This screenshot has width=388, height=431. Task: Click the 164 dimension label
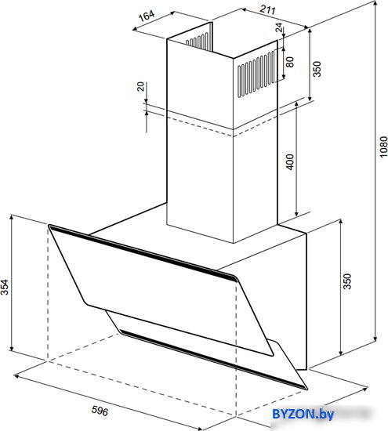pos(147,16)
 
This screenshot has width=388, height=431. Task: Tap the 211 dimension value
pos(267,9)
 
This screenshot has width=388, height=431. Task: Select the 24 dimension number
pos(279,27)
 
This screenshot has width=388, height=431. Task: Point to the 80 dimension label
pos(290,62)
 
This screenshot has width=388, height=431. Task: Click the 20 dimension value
pos(140,86)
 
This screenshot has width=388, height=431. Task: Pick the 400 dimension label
pos(290,162)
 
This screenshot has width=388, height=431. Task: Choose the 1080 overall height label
pos(383,147)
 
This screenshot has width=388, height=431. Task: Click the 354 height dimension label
pos(5,287)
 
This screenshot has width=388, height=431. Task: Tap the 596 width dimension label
pos(100,411)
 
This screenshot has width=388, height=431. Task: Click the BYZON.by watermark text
pos(303,414)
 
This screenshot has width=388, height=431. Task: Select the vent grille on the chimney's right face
pos(256,74)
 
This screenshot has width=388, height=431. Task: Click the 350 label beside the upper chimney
pos(317,69)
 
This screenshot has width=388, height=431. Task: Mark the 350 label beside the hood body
pos(347,281)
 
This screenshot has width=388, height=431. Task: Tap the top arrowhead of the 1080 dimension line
pos(375,3)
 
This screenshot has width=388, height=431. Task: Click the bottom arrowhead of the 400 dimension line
pos(296,214)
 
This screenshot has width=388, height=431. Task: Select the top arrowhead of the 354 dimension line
pos(11,218)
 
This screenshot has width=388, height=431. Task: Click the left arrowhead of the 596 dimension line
pos(17,375)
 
